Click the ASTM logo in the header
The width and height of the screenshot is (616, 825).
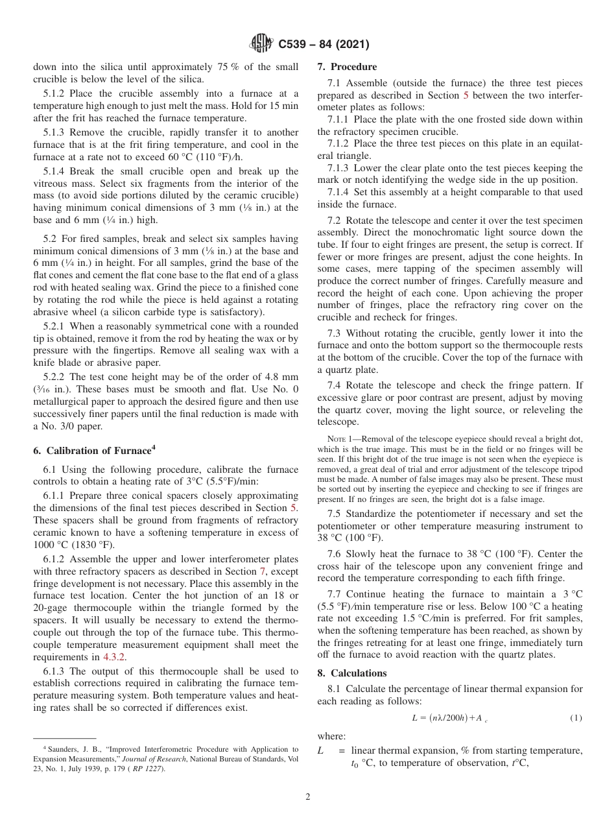(261, 44)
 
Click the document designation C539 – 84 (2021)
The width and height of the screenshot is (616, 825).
(324, 45)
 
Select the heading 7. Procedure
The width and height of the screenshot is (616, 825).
(347, 67)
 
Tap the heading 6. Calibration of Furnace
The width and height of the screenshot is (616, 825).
(93, 451)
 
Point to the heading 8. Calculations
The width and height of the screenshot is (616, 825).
(351, 673)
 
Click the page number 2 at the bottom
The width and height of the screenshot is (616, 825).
(308, 797)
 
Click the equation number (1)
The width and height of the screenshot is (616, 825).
(576, 717)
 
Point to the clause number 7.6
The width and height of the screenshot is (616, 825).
(335, 554)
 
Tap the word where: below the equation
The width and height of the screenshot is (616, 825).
(331, 736)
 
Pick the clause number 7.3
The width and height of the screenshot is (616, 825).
(335, 333)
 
